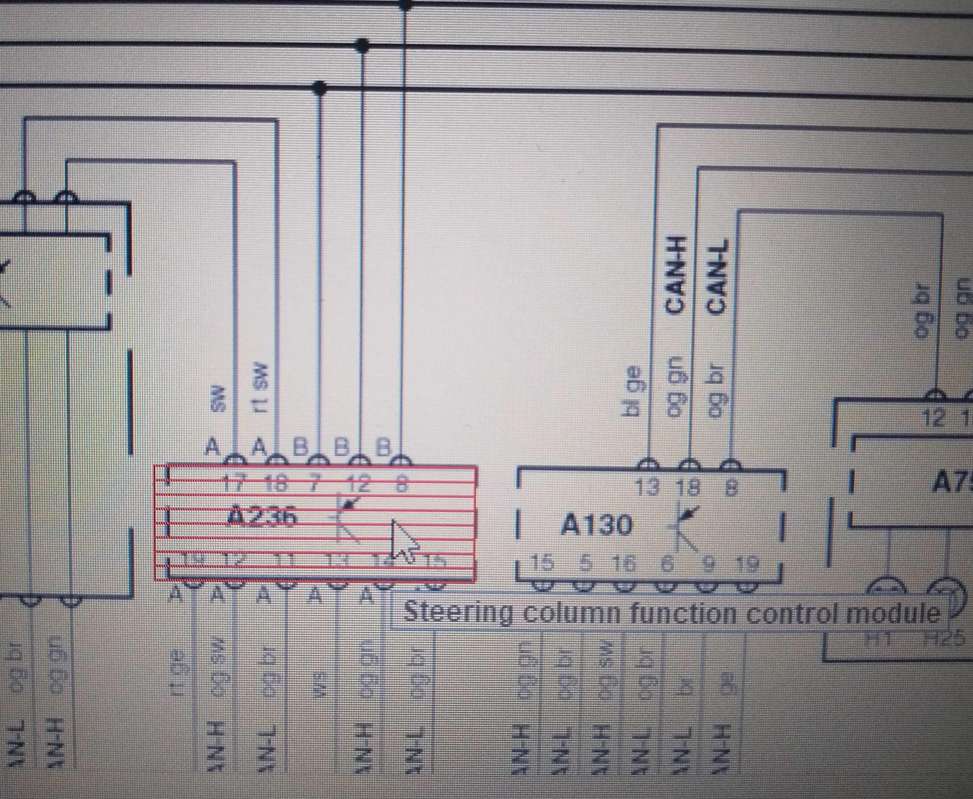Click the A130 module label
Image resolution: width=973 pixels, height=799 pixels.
[x=596, y=525]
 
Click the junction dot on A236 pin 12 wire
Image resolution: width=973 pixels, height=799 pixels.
[x=362, y=45]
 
